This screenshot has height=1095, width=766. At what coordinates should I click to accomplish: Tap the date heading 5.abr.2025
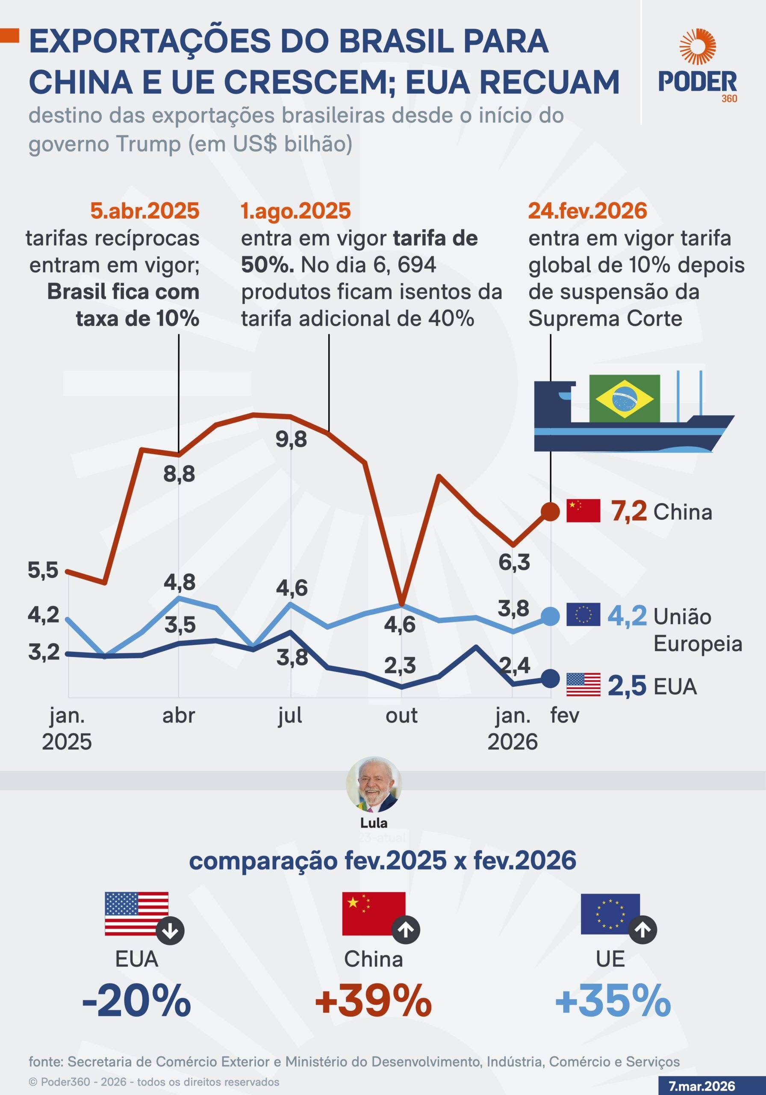(145, 211)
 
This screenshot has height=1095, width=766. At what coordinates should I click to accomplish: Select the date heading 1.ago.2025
(295, 211)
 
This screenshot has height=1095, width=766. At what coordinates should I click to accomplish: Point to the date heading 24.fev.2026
(587, 211)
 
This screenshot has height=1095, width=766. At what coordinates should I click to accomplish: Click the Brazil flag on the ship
(625, 398)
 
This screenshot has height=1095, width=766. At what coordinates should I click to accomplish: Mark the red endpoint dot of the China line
(551, 512)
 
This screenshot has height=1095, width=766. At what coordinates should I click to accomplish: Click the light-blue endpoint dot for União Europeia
(551, 616)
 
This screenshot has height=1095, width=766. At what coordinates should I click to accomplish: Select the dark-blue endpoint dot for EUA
(551, 678)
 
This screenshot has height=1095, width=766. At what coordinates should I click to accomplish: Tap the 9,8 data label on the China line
(291, 439)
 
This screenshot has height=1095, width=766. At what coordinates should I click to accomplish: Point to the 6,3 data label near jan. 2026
(514, 562)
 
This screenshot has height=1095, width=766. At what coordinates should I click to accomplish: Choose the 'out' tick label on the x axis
(401, 715)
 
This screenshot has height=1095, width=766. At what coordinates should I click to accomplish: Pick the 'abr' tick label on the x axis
(179, 715)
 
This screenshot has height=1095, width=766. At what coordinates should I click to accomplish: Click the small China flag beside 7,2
(583, 511)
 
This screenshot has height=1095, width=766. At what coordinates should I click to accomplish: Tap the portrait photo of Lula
(374, 784)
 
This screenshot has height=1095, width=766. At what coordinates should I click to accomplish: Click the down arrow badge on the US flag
(170, 930)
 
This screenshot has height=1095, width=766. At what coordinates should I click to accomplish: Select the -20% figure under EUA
(137, 1000)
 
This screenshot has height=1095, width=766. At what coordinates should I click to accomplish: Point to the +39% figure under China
(373, 1000)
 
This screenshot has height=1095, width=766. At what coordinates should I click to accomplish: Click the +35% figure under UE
(613, 1000)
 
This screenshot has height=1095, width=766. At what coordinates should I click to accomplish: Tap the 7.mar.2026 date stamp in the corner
(701, 1086)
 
